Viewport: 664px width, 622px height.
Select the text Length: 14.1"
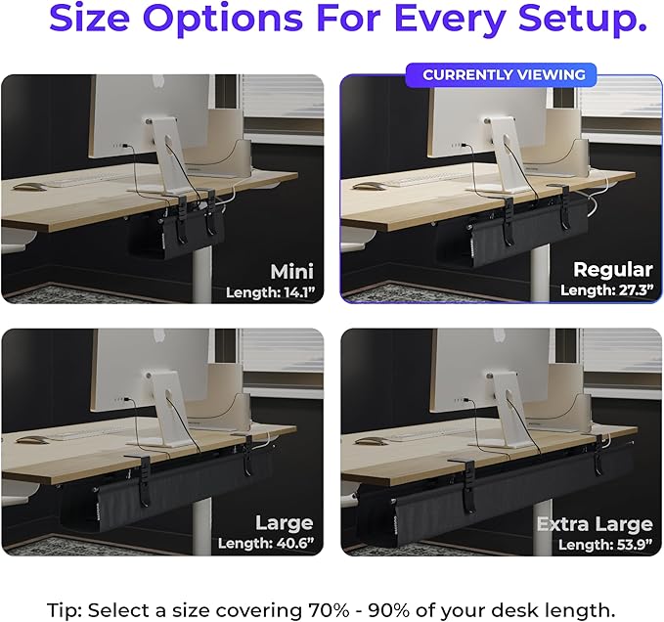[269, 291]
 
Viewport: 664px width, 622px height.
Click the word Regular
[613, 270]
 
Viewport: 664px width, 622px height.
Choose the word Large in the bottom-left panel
[284, 522]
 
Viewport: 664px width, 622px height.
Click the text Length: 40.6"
[266, 544]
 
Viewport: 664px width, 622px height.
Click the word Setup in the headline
[571, 21]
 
